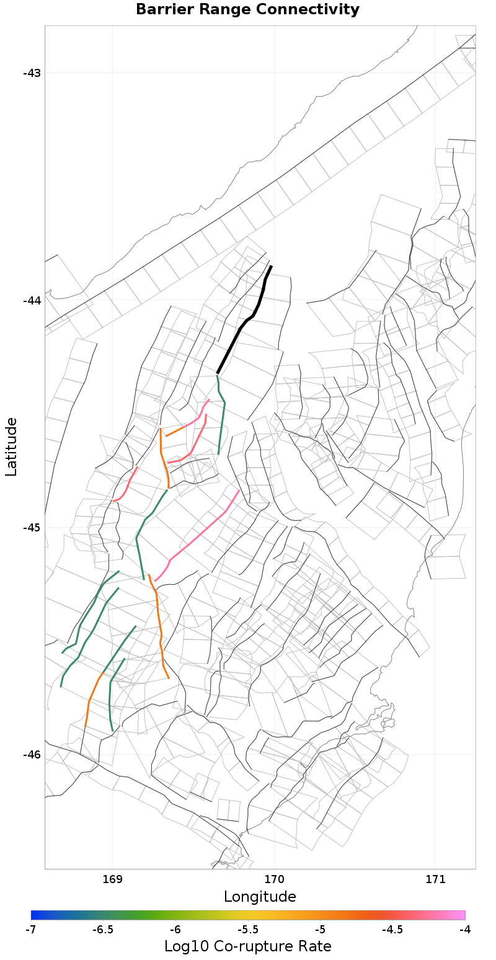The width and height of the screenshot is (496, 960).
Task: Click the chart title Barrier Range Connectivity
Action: click(247, 10)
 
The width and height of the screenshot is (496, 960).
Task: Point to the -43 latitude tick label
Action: click(32, 73)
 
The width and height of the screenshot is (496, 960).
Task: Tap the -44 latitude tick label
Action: click(32, 301)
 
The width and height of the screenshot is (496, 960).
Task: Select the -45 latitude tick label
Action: click(32, 528)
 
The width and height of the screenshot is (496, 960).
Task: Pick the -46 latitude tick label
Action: click(32, 755)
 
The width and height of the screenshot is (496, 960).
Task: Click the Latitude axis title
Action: click(12, 447)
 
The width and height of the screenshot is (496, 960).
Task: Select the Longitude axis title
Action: click(260, 897)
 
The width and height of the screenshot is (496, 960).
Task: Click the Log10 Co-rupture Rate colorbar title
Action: click(247, 946)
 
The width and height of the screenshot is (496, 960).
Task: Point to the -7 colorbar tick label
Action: click(31, 930)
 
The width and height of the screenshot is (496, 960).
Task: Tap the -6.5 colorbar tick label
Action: click(103, 930)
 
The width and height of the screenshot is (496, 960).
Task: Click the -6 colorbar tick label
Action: click(175, 930)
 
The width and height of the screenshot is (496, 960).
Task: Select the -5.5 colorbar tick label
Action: click(248, 930)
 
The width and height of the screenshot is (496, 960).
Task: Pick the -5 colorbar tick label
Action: click(321, 930)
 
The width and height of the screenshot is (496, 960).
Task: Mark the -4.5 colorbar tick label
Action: click(392, 930)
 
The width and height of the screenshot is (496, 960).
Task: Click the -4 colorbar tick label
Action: click(465, 930)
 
